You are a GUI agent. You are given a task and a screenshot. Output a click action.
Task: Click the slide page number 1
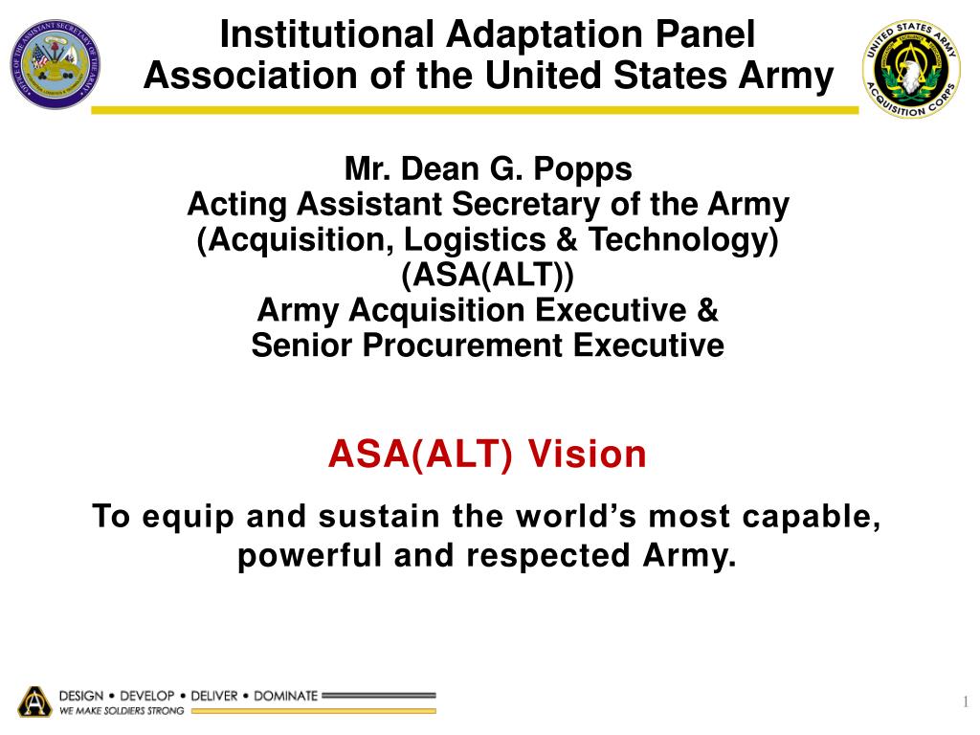click(965, 703)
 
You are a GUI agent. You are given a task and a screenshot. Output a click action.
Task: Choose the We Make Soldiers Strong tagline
click(122, 711)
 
